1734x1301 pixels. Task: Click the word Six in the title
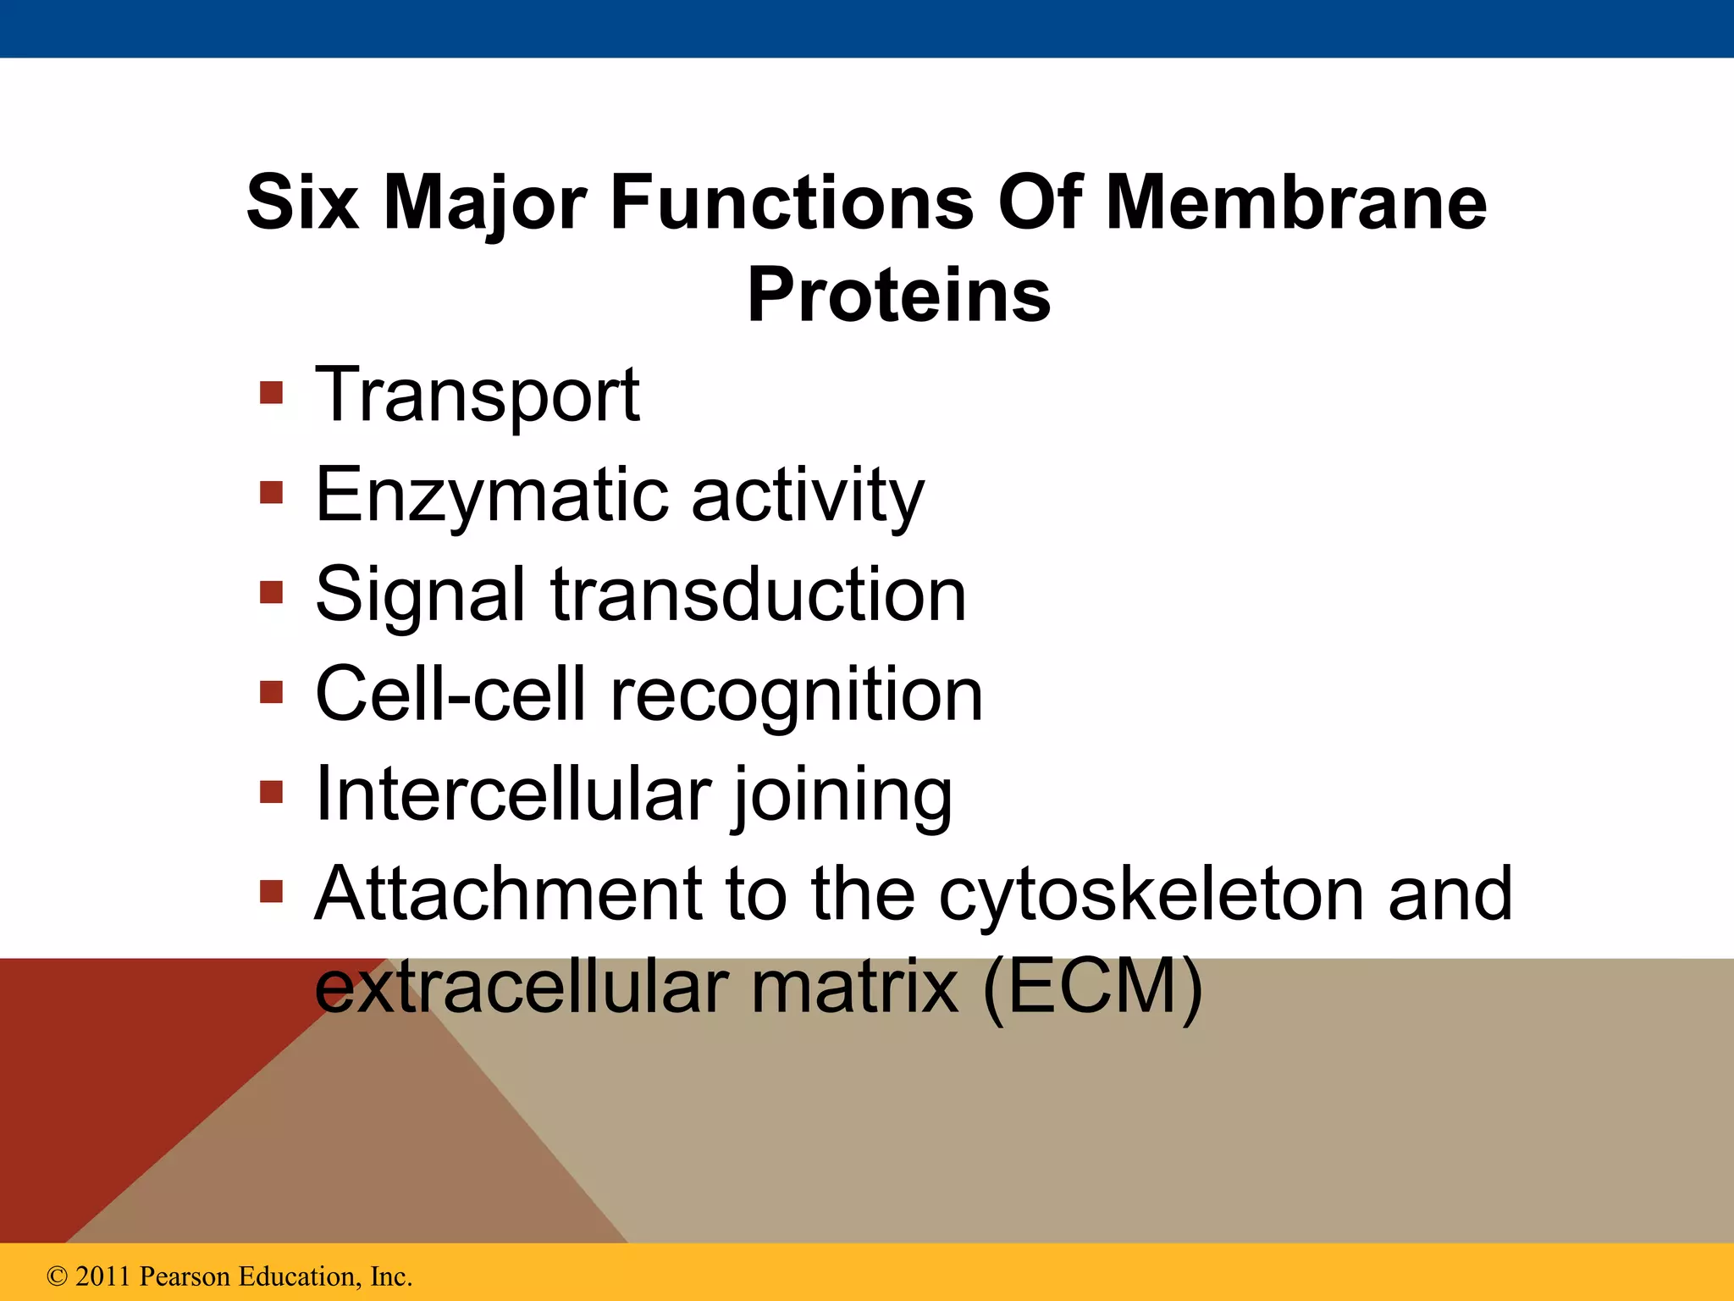tap(301, 203)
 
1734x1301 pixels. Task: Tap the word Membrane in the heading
tap(1296, 203)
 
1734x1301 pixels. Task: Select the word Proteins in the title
tap(898, 296)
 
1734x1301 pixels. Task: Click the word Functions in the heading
tap(792, 203)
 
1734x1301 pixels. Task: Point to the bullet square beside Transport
tap(271, 393)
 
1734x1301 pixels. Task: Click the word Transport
tap(477, 396)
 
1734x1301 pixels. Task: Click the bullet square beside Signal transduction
tap(271, 592)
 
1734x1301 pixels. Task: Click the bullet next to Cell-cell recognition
tap(271, 692)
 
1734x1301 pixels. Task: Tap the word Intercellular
tap(512, 794)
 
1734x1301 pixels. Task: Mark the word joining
tap(842, 796)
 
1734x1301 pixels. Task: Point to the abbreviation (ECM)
tap(1092, 987)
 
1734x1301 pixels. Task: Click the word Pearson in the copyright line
tap(185, 1276)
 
